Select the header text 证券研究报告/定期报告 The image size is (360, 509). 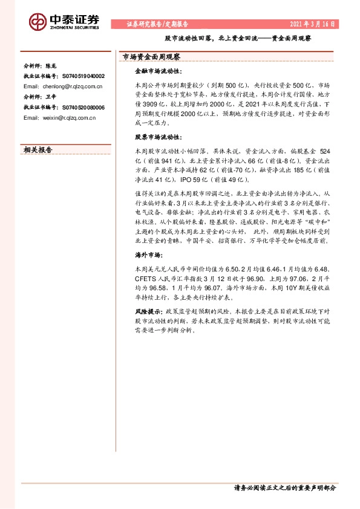[x=158, y=25]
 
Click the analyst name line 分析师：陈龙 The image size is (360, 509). [x=39, y=66]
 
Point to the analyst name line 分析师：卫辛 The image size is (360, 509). [x=39, y=97]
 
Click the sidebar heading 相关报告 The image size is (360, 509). [x=38, y=150]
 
